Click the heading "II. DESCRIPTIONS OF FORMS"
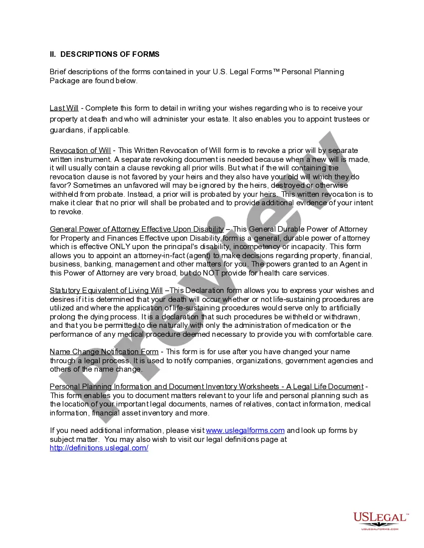(x=104, y=54)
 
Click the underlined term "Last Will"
(x=64, y=108)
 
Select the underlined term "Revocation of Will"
(x=80, y=150)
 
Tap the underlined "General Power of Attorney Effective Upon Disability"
(x=137, y=229)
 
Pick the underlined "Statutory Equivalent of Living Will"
(x=106, y=290)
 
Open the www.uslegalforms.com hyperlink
(x=245, y=430)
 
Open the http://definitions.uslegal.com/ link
(x=99, y=448)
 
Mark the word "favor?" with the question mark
(x=60, y=185)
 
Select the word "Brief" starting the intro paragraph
(x=58, y=72)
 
